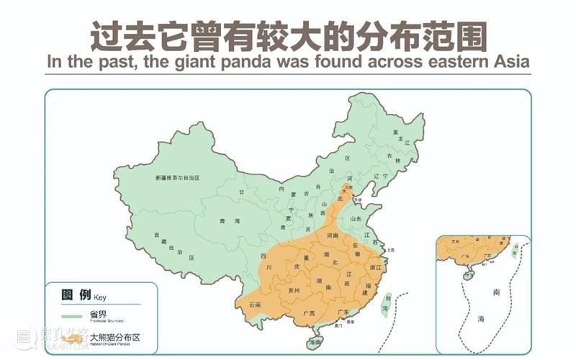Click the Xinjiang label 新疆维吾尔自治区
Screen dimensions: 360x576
[176, 177]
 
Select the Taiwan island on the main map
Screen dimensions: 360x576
[384, 302]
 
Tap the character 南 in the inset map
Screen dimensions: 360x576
[497, 293]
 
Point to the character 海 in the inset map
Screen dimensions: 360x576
[481, 318]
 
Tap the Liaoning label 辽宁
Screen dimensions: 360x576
[379, 175]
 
